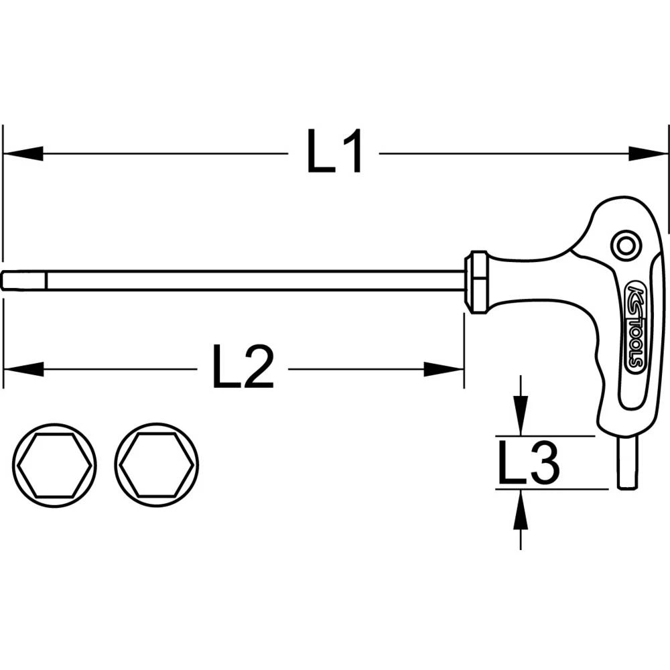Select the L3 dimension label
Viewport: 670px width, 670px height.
pyautogui.click(x=529, y=463)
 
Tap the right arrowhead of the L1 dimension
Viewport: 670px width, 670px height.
pyautogui.click(x=647, y=153)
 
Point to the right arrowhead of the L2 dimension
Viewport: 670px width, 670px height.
pyautogui.click(x=444, y=368)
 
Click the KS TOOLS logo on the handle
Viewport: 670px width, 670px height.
pyautogui.click(x=635, y=328)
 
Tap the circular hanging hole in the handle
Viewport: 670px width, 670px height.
pyautogui.click(x=626, y=246)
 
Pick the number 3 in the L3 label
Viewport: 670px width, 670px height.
pyautogui.click(x=544, y=463)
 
